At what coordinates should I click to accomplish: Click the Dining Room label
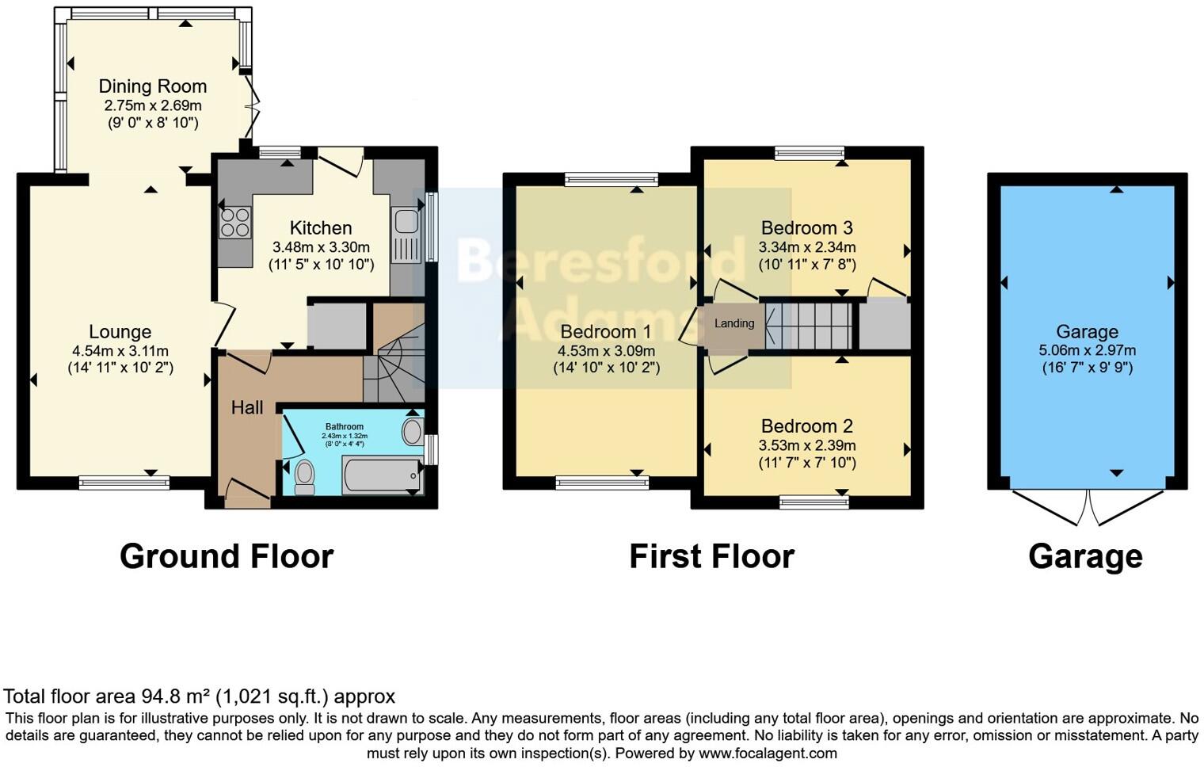pos(152,86)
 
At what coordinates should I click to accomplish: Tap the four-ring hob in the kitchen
pos(234,223)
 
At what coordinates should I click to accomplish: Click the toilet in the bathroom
pos(304,476)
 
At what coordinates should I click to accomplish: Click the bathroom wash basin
pos(413,433)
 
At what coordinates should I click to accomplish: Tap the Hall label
pos(247,408)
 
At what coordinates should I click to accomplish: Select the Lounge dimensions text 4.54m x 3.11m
pos(120,351)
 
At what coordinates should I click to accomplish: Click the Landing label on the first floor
pos(734,323)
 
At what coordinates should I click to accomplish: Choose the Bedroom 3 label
pos(806,228)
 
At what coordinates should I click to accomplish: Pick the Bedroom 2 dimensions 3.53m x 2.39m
pos(806,445)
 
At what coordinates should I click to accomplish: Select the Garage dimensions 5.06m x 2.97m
pos(1087,350)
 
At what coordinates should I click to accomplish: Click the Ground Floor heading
pos(227,556)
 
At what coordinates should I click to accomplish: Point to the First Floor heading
pos(711,556)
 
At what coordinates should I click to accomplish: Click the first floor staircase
pos(808,324)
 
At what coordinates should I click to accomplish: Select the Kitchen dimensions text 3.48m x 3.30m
pos(321,247)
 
